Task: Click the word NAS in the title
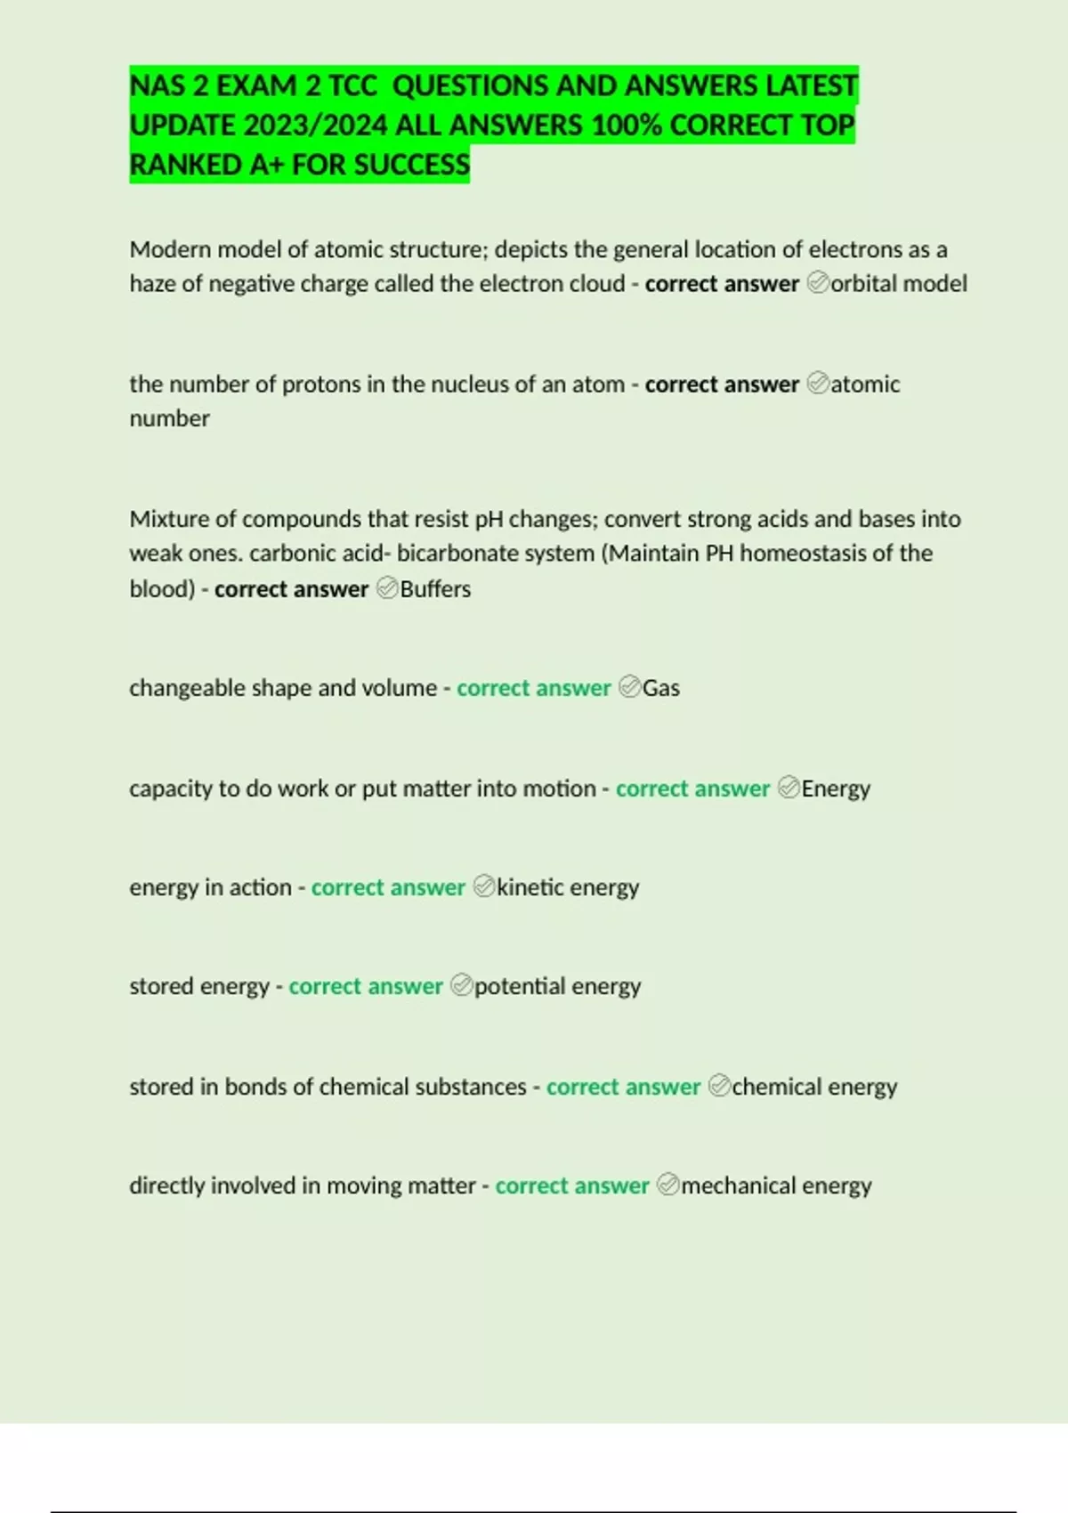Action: [x=157, y=86]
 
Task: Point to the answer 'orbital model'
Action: [x=899, y=284]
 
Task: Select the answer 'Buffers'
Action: [x=435, y=589]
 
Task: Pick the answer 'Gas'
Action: [x=661, y=688]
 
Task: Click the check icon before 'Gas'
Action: [x=629, y=687]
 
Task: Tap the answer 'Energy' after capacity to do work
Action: [x=836, y=789]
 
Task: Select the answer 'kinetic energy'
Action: [x=568, y=887]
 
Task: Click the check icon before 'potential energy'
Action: [x=461, y=985]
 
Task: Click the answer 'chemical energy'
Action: [x=814, y=1087]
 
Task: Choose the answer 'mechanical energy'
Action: [x=776, y=1185]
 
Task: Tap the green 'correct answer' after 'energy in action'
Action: [x=388, y=887]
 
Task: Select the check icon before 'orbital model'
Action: [x=818, y=283]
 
